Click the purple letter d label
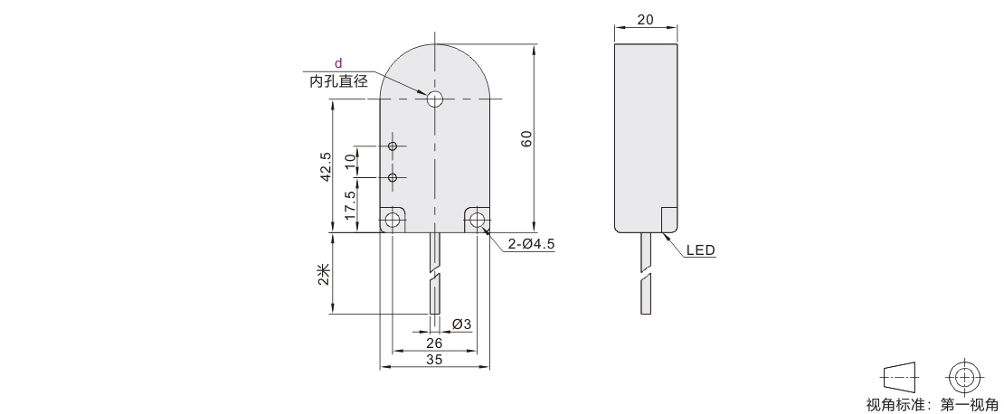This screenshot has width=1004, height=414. [338, 62]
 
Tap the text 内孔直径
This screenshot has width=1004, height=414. [338, 81]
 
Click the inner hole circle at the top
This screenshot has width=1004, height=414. [435, 99]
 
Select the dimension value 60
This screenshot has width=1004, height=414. [526, 138]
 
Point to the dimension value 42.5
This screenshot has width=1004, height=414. [326, 166]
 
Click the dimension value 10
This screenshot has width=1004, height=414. [350, 161]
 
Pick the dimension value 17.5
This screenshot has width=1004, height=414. [350, 205]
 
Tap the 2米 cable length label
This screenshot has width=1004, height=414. [325, 275]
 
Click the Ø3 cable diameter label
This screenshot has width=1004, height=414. [461, 325]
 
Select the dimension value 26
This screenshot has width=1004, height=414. [434, 343]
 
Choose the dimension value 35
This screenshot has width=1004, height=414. [434, 360]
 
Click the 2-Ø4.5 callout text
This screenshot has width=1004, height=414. [531, 244]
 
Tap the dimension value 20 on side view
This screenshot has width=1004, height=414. [646, 20]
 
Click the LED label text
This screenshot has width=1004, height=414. [700, 250]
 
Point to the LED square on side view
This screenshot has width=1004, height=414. [669, 221]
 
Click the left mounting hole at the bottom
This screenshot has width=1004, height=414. [393, 221]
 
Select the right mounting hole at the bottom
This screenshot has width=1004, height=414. [477, 221]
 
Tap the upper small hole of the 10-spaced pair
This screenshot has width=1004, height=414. [393, 146]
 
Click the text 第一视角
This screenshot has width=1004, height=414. [969, 405]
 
